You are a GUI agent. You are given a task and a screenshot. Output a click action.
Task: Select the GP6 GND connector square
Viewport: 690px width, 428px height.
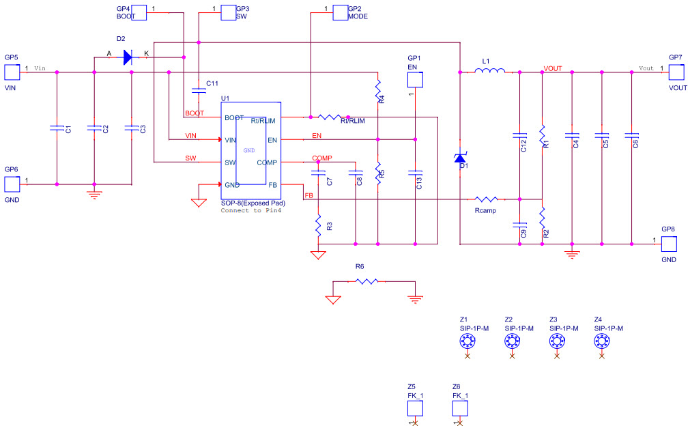(x=12, y=184)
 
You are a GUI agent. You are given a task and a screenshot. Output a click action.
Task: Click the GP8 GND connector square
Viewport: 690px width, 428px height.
(x=668, y=244)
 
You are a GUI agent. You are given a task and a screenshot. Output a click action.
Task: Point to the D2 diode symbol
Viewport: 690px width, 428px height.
(x=128, y=57)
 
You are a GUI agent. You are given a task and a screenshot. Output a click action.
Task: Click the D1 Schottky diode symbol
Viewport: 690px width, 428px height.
(x=461, y=158)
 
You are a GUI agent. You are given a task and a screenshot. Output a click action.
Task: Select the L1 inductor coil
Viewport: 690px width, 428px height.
(x=491, y=70)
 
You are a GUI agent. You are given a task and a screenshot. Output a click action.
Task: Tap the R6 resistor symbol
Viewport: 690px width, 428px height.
(x=367, y=281)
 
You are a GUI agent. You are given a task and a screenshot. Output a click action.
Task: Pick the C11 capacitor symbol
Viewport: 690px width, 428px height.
(x=199, y=89)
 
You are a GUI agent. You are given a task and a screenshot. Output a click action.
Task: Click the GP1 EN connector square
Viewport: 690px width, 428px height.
(x=415, y=80)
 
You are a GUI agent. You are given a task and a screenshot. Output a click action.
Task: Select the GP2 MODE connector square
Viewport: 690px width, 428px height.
(x=340, y=13)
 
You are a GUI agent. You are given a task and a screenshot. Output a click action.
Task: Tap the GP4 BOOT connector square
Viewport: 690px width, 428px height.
(x=139, y=13)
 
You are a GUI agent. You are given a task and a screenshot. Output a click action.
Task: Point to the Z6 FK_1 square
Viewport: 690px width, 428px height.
(x=460, y=408)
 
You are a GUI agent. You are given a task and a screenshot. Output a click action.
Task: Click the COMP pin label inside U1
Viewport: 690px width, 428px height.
(x=267, y=162)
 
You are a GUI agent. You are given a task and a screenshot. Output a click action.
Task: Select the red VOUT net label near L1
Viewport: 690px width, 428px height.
(x=553, y=69)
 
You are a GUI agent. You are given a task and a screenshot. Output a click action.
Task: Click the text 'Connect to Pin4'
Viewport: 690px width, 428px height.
(x=250, y=211)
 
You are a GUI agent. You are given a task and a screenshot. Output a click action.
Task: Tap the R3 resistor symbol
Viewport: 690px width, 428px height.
(x=317, y=225)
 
